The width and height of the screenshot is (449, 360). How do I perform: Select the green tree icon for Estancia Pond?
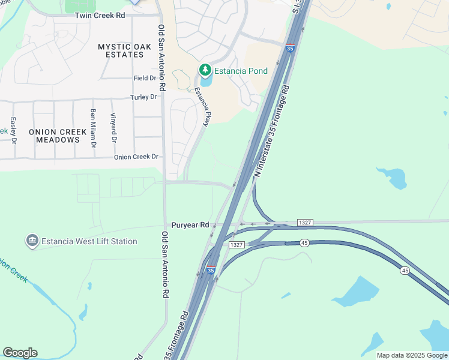tap(205, 71)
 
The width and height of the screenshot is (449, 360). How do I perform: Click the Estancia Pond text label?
tap(241, 71)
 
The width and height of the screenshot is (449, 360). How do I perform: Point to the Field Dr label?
tap(145, 78)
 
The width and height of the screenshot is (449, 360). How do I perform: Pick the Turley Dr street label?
tap(144, 97)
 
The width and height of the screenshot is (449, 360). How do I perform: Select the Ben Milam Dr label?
tap(93, 128)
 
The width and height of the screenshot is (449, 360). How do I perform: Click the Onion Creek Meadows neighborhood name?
tap(49, 135)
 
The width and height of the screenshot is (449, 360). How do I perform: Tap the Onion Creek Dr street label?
tap(136, 157)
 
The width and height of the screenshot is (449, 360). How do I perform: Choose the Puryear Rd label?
tap(190, 225)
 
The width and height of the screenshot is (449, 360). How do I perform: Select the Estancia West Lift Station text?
tap(89, 241)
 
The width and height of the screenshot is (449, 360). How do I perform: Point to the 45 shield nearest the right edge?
tap(405, 271)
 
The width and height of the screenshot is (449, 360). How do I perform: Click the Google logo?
tap(20, 353)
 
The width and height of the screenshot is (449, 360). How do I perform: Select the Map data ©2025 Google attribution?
tap(411, 355)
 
